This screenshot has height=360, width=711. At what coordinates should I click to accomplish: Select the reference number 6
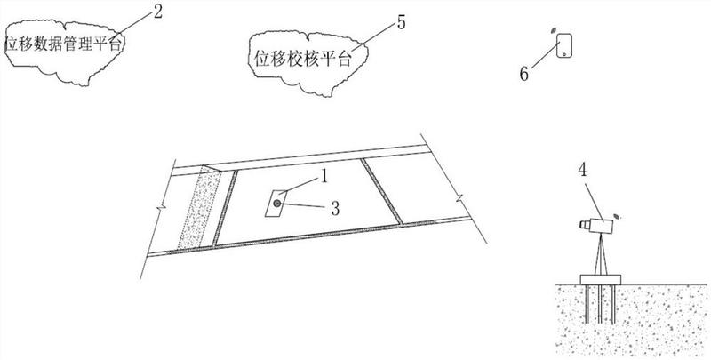523,74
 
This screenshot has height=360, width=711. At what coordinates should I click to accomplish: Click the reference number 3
335,209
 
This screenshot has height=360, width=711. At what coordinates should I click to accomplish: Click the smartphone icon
564,46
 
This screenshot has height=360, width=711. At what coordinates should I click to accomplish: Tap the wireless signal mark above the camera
619,213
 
